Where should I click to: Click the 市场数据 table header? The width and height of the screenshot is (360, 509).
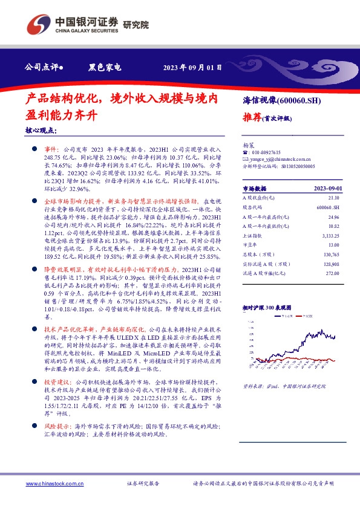point(255,189)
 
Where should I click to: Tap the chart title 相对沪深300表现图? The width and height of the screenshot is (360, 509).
point(267,308)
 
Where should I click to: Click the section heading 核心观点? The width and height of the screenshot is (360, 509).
point(41,131)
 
